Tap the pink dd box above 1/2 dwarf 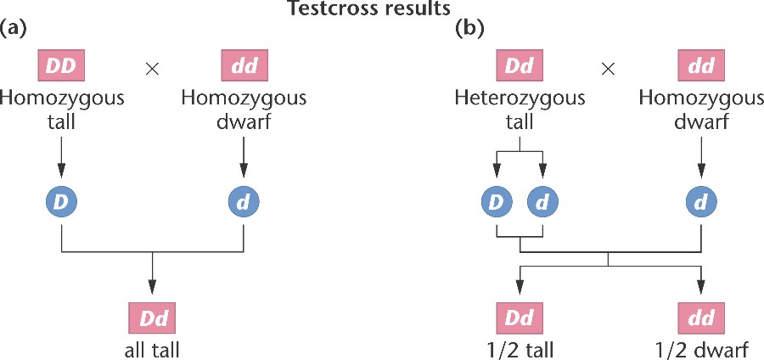click(x=702, y=320)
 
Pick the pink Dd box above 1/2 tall click(x=520, y=320)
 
